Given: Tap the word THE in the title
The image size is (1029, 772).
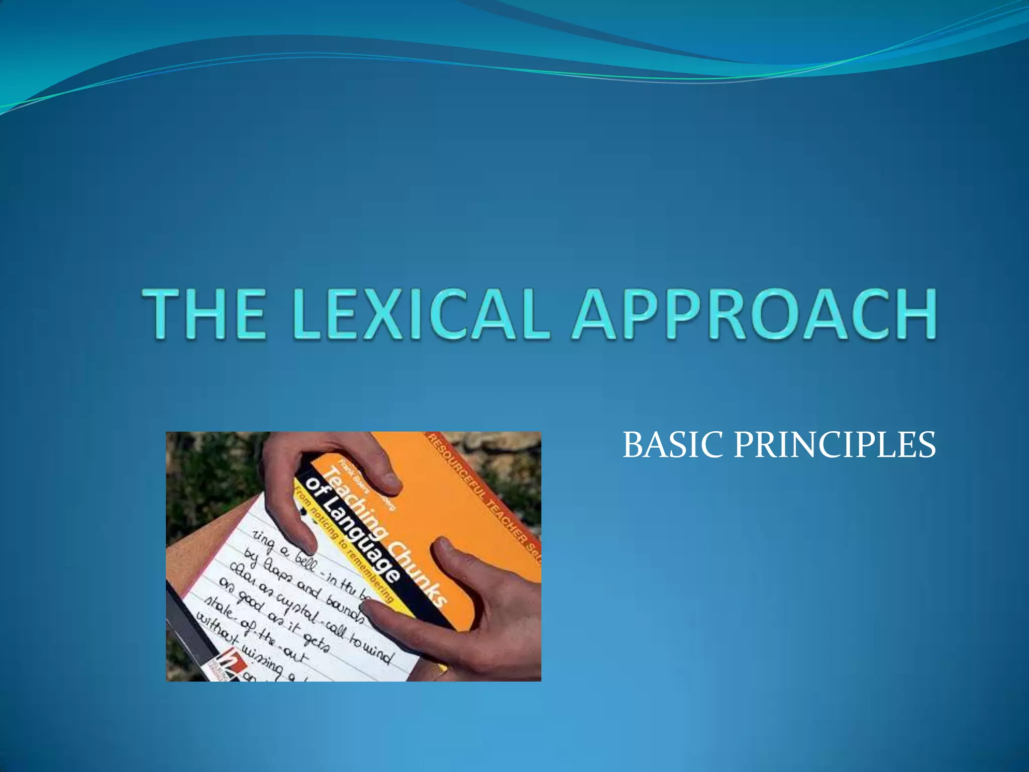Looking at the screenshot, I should point(203,314).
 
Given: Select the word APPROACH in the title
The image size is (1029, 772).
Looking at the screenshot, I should point(754,314).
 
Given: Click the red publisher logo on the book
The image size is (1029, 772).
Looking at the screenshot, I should point(232,662).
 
